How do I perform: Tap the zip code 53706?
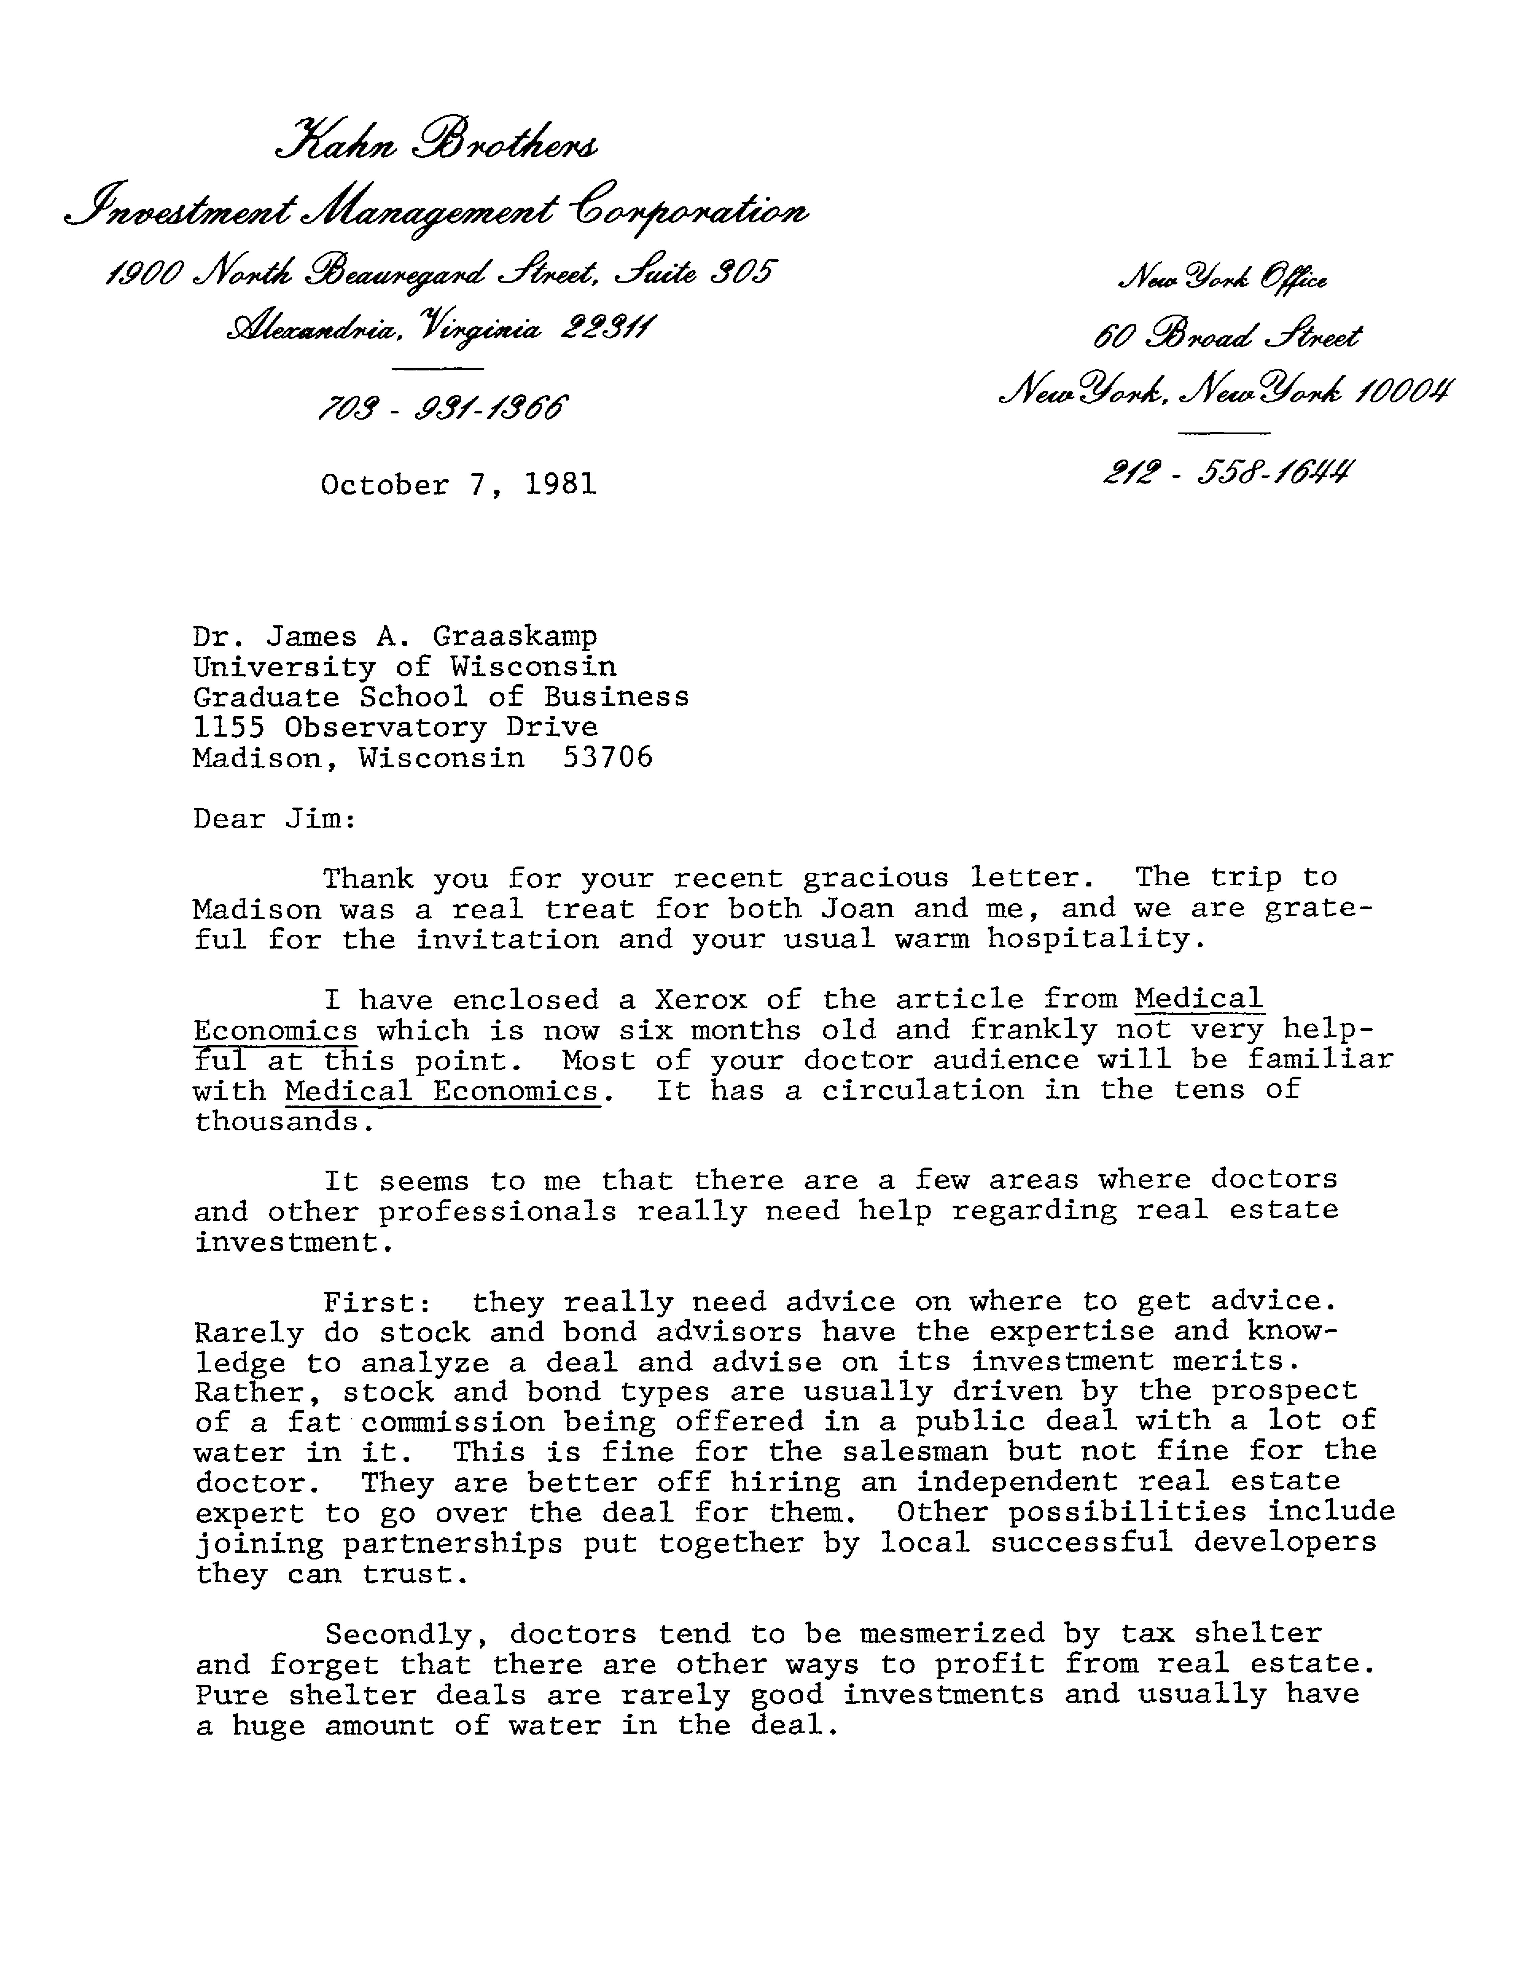click(x=608, y=757)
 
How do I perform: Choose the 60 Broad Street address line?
click(x=1227, y=338)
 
